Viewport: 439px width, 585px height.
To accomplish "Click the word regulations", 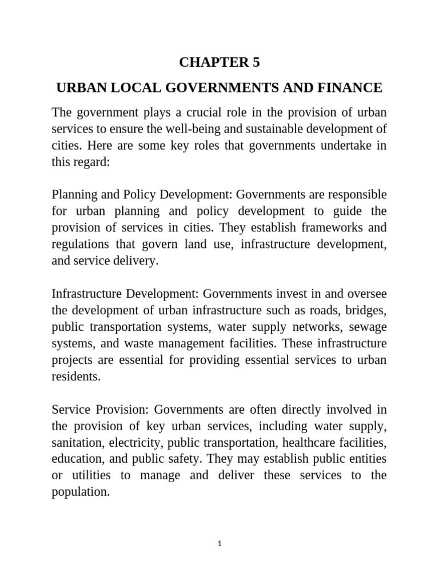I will (81, 244).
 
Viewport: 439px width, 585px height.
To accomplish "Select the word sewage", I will (368, 327).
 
